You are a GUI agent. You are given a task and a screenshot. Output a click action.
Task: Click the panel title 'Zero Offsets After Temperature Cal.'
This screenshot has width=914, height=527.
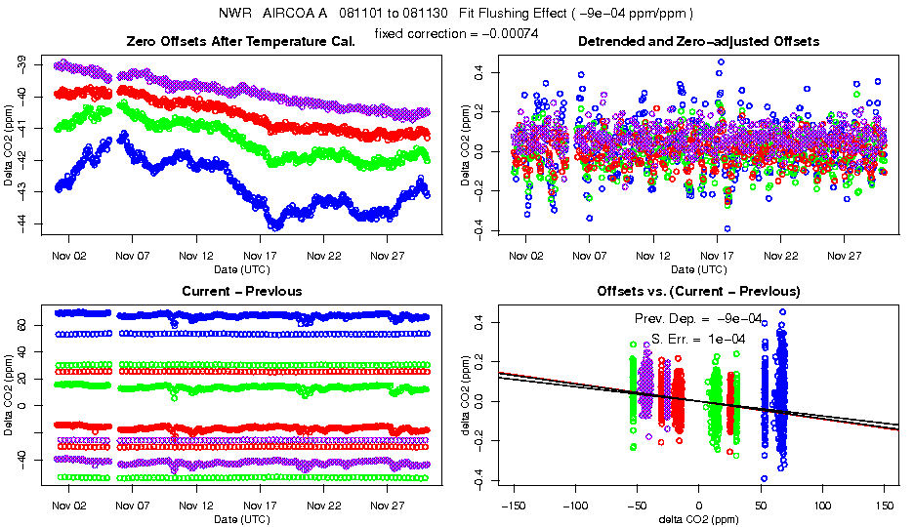coord(241,42)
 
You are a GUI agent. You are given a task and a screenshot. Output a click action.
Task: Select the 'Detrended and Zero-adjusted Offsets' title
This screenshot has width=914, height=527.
coord(698,42)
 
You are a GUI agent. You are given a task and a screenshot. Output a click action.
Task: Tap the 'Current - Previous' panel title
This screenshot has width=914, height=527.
coord(241,291)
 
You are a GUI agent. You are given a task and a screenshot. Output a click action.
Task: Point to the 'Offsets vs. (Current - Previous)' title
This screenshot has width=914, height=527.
coord(698,291)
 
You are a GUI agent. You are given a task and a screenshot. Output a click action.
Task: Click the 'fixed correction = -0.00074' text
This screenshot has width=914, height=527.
coord(456,34)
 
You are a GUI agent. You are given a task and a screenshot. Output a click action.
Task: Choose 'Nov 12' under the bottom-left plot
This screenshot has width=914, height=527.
coord(195,507)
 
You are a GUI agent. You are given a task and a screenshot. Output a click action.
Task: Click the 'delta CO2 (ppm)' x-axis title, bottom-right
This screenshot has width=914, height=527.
coord(698,518)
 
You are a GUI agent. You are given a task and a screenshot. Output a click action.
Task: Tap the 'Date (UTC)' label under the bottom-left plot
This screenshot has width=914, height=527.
coord(241,518)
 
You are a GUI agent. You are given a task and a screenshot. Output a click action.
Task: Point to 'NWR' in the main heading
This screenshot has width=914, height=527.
coord(235,14)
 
